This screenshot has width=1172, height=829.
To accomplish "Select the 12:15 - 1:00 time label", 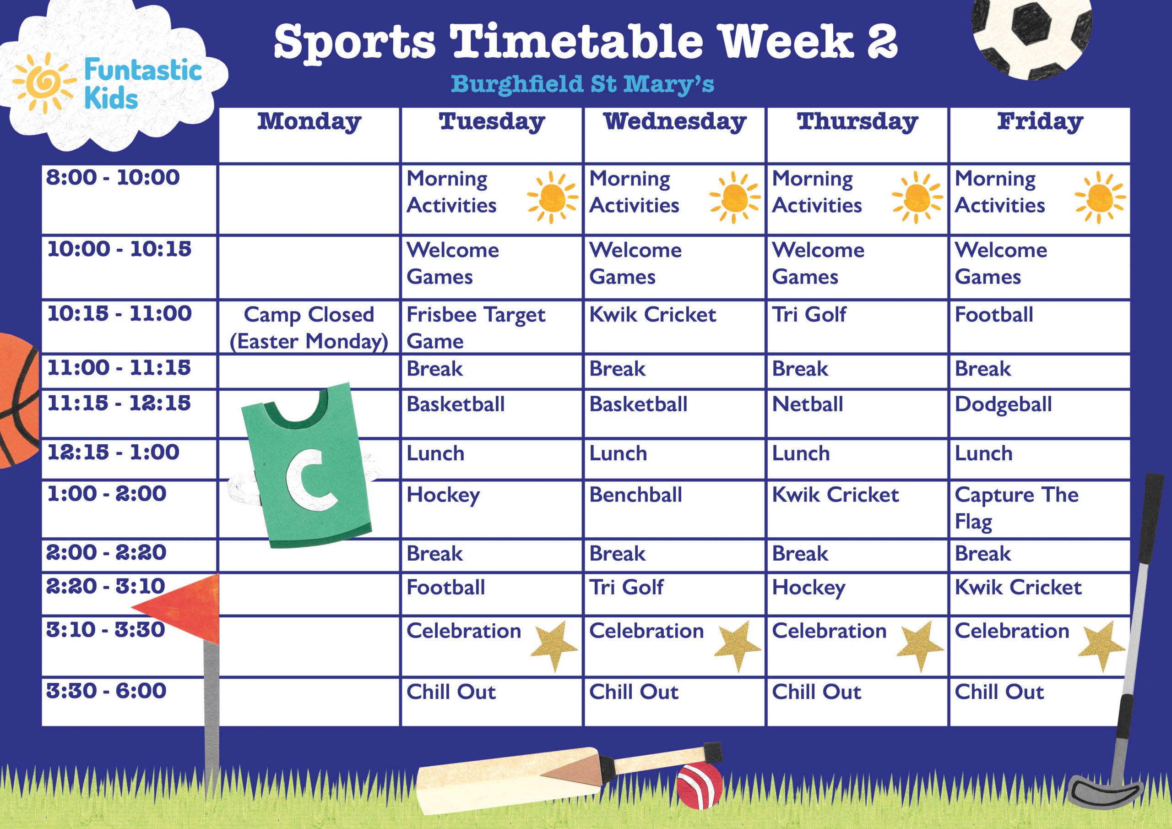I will [114, 453].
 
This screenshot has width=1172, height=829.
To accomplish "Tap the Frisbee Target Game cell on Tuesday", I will [476, 327].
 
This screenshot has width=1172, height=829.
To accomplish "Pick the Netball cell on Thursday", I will [808, 404].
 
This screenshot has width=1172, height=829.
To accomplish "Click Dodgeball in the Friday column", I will [1003, 404].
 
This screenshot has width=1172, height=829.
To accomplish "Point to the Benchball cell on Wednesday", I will [635, 495].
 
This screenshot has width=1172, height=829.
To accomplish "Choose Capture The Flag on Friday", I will [1016, 508].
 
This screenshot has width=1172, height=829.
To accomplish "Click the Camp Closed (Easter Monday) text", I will [309, 327].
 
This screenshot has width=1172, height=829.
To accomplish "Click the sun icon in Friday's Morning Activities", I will [1100, 198].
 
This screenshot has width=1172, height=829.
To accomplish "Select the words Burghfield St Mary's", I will [582, 84].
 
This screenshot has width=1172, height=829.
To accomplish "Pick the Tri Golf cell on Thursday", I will [808, 315].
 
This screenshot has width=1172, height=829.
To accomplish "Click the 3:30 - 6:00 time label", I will [106, 691].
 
